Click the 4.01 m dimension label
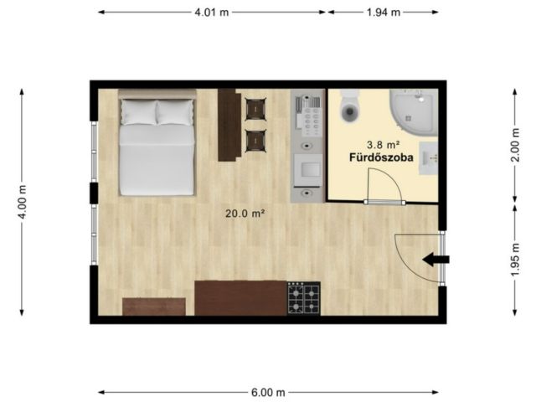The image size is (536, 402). click(212, 13)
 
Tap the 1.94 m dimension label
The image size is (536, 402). click(384, 13)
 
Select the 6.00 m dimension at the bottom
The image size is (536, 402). click(268, 393)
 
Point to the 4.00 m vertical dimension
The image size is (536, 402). click(23, 202)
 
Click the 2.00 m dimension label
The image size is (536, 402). click(515, 145)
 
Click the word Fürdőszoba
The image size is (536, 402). click(381, 157)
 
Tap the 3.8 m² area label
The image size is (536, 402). click(384, 145)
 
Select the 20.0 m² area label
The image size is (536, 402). click(245, 214)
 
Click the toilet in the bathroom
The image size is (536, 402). click(350, 106)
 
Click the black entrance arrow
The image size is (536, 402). click(435, 260)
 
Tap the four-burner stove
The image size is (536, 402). click(303, 298)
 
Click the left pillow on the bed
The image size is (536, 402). click(139, 112)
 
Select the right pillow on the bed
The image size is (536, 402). click(175, 112)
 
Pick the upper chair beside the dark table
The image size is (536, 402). click(255, 109)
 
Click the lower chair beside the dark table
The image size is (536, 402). click(255, 141)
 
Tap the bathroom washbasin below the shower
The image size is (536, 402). click(430, 158)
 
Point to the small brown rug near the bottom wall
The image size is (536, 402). click(154, 307)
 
